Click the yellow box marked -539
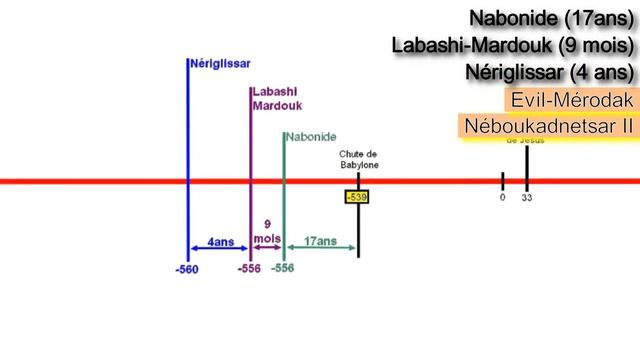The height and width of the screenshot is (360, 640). tap(356, 197)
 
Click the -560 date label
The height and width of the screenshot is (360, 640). tap(185, 270)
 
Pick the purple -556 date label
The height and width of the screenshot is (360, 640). tap(250, 269)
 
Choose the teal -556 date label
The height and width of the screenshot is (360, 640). tap(283, 269)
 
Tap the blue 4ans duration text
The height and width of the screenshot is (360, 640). tap(220, 241)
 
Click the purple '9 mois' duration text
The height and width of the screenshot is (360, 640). tap(266, 233)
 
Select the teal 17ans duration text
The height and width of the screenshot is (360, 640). tap(320, 241)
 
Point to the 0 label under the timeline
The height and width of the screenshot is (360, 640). tap(502, 197)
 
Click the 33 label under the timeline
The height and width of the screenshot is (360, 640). tap(527, 198)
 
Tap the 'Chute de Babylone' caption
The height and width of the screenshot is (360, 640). tap(358, 159)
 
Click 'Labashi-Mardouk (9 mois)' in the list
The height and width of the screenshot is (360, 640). tap(514, 46)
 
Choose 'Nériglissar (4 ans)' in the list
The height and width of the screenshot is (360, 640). tap(550, 73)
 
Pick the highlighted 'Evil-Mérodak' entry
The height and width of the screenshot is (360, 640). tap(571, 101)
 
